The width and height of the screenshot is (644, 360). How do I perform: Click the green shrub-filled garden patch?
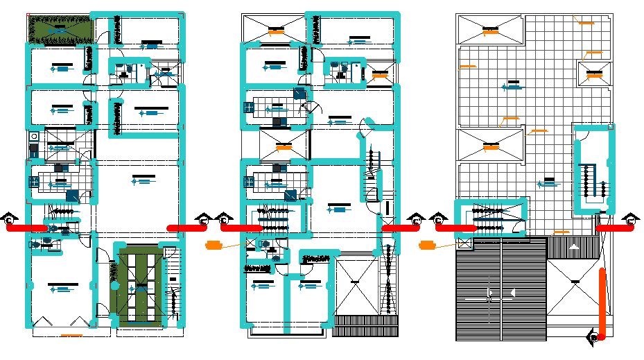coord(61,29)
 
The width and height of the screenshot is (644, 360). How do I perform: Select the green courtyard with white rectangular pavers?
coord(141,285)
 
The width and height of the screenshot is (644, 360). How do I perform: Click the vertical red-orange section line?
coord(602,302)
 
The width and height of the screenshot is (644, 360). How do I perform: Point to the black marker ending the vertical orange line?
coord(593,337)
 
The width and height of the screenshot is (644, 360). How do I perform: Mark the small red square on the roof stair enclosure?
coord(611,127)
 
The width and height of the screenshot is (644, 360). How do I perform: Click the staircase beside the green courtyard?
coord(173,284)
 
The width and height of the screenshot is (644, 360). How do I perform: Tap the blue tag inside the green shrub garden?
coord(62,31)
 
